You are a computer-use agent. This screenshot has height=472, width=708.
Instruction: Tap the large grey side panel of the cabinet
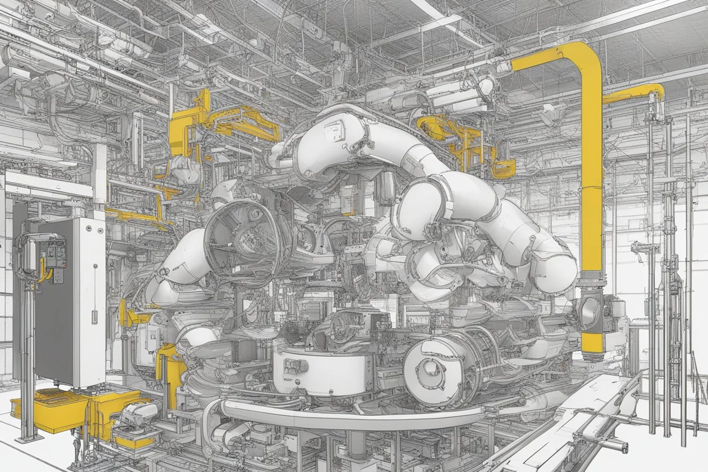point(53,301)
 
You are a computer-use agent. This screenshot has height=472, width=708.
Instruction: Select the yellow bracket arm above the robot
point(238,122)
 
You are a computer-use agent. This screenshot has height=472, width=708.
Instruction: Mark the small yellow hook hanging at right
point(501,168)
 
